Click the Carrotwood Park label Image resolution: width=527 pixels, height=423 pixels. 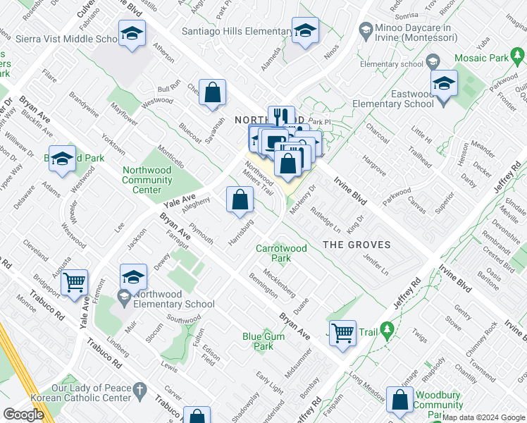281,253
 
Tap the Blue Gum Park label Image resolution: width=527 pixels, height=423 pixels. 258,341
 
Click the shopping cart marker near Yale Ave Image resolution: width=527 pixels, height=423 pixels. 74,283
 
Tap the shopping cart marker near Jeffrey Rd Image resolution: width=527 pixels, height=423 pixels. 343,332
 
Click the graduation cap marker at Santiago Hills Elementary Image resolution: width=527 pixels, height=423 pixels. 306,31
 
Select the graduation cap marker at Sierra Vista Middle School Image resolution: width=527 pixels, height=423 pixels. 131,35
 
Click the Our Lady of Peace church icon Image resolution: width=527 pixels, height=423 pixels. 140,388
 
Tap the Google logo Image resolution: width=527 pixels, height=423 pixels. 23,415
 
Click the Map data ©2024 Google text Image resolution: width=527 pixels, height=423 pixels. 483,417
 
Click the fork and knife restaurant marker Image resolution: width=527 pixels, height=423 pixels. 281,116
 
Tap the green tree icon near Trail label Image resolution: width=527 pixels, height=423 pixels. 386,329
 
